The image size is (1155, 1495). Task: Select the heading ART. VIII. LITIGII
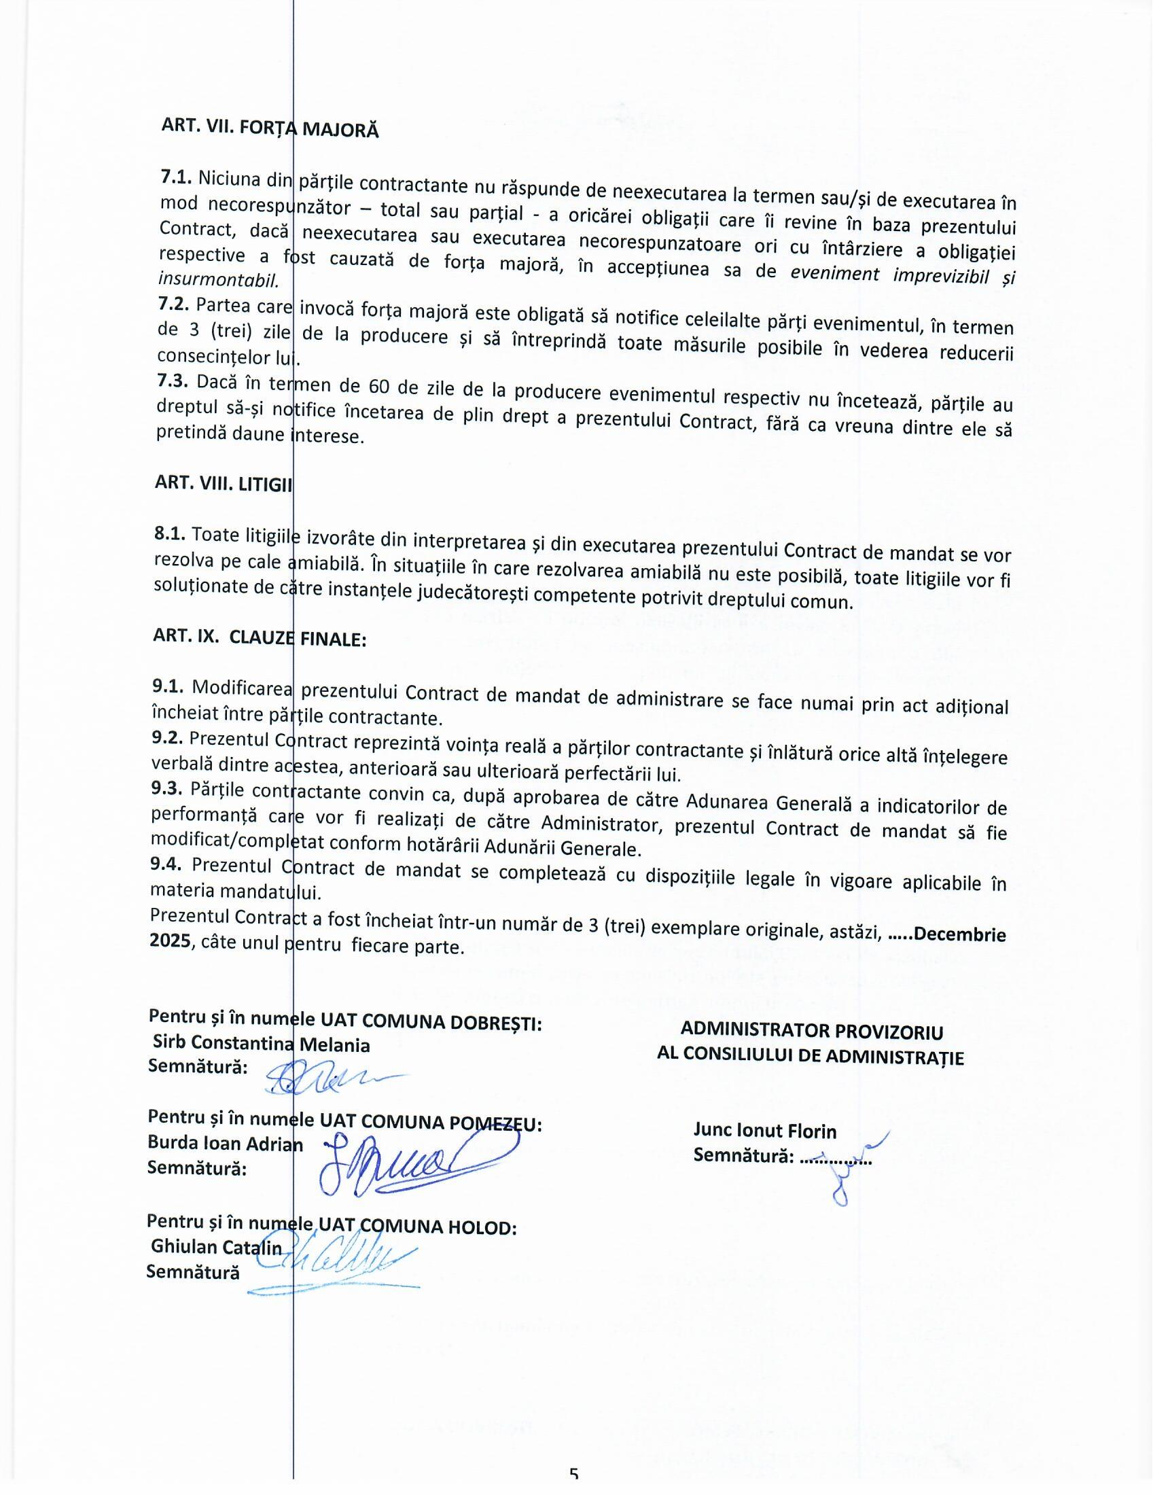click(223, 483)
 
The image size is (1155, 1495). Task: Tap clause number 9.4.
click(166, 864)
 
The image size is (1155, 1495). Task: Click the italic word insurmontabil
click(218, 280)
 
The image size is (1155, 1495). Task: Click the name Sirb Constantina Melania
click(261, 1044)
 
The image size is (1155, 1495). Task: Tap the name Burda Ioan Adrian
click(224, 1143)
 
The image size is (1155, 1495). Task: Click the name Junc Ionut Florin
click(764, 1131)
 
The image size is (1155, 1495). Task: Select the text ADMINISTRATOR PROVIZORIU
click(811, 1031)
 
